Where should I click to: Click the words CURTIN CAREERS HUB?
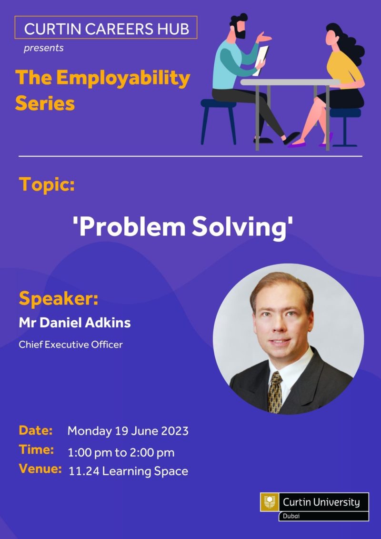coord(107,29)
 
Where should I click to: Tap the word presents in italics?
coord(44,48)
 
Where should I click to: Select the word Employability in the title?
coord(123,78)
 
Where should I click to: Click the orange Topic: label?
coord(47,184)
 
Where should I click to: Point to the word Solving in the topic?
coord(239,227)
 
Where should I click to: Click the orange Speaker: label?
coord(59,298)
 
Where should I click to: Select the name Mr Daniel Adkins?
coord(75,323)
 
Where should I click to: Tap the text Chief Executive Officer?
coord(70,345)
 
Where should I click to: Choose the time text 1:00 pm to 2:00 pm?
coord(121,453)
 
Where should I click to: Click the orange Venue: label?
coord(40,468)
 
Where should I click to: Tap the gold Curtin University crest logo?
coord(270,502)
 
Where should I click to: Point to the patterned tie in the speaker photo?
coord(275,392)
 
